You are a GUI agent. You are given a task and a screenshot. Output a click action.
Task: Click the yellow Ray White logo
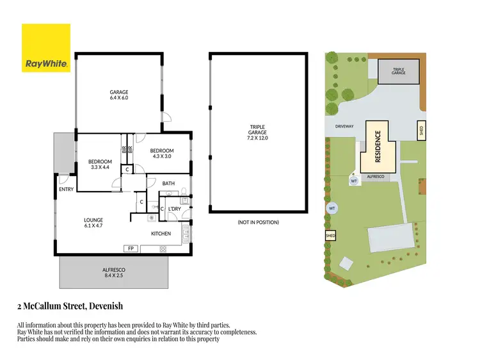pyautogui.click(x=45, y=48)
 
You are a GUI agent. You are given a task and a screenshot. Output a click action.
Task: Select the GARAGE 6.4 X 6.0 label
pyautogui.click(x=119, y=95)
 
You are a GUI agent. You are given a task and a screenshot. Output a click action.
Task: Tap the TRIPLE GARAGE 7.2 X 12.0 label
pyautogui.click(x=258, y=132)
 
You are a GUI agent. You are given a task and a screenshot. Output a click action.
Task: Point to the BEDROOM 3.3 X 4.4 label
pyautogui.click(x=100, y=164)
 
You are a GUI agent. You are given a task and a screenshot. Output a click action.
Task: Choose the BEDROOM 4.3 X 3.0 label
pyautogui.click(x=162, y=154)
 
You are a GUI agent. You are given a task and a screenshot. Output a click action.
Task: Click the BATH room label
pyautogui.click(x=168, y=183)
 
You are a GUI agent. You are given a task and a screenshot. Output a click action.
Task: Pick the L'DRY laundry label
pyautogui.click(x=175, y=209)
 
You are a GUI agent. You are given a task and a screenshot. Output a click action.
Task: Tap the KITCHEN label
pyautogui.click(x=161, y=233)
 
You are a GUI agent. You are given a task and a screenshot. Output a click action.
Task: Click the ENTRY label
pyautogui.click(x=67, y=189)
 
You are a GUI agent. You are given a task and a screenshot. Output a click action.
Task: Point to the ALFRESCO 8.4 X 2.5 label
pyautogui.click(x=113, y=273)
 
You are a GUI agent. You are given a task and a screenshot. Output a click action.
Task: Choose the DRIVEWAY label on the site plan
pyautogui.click(x=344, y=126)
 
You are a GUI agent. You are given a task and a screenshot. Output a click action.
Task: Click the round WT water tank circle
pyautogui.click(x=332, y=208)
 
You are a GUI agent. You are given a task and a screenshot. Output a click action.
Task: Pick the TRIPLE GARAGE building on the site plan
pyautogui.click(x=399, y=72)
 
